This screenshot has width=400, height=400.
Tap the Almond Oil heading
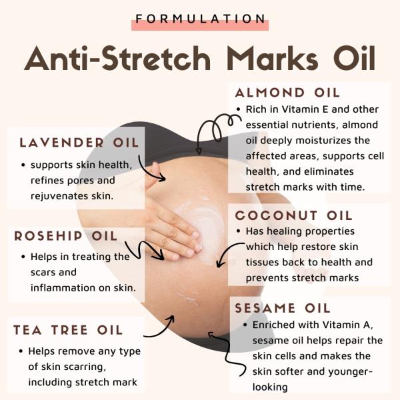[287, 93]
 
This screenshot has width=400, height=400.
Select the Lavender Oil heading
[79, 143]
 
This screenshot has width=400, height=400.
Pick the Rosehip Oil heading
[65, 236]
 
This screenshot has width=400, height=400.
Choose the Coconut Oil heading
[294, 216]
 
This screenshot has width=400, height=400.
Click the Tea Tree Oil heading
[68, 330]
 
